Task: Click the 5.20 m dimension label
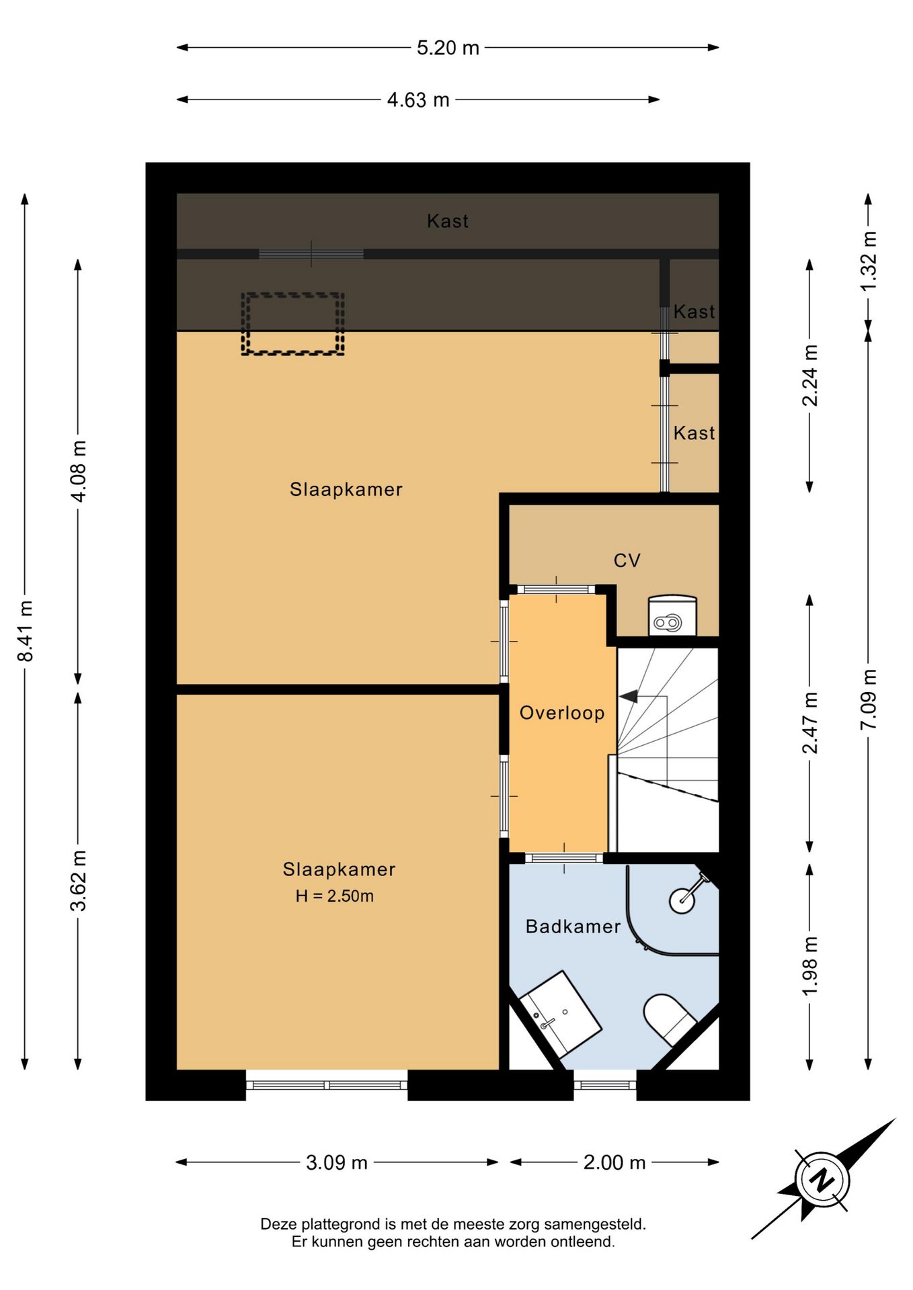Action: (448, 48)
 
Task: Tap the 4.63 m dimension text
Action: (418, 100)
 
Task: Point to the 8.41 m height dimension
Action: (26, 631)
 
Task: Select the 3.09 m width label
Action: (337, 1162)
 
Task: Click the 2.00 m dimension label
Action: (614, 1162)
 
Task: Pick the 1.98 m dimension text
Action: (810, 966)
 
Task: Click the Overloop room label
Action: (562, 713)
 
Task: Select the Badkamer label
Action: (573, 927)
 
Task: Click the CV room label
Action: (627, 560)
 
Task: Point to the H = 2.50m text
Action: (335, 896)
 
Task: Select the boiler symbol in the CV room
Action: (672, 615)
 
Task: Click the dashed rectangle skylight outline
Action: (293, 324)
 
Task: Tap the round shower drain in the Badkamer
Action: (682, 900)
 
